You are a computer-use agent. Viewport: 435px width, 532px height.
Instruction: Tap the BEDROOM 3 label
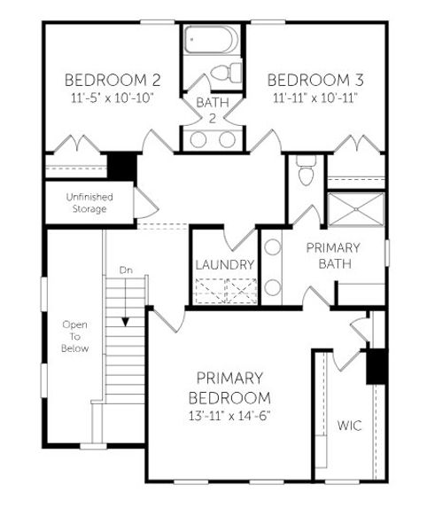[x=315, y=78]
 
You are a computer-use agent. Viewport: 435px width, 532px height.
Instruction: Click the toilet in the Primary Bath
[x=306, y=172]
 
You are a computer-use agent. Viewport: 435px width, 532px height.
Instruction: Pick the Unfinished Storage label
[x=87, y=202]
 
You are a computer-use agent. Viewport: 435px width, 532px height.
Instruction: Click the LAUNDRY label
[x=225, y=265]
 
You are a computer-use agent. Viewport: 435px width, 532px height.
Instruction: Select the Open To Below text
[x=74, y=337]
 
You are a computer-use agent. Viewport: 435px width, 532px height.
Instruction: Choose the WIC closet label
[x=349, y=426]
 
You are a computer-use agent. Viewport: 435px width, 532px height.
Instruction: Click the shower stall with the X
[x=355, y=209]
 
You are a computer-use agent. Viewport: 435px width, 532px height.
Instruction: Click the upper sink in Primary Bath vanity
[x=273, y=248]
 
